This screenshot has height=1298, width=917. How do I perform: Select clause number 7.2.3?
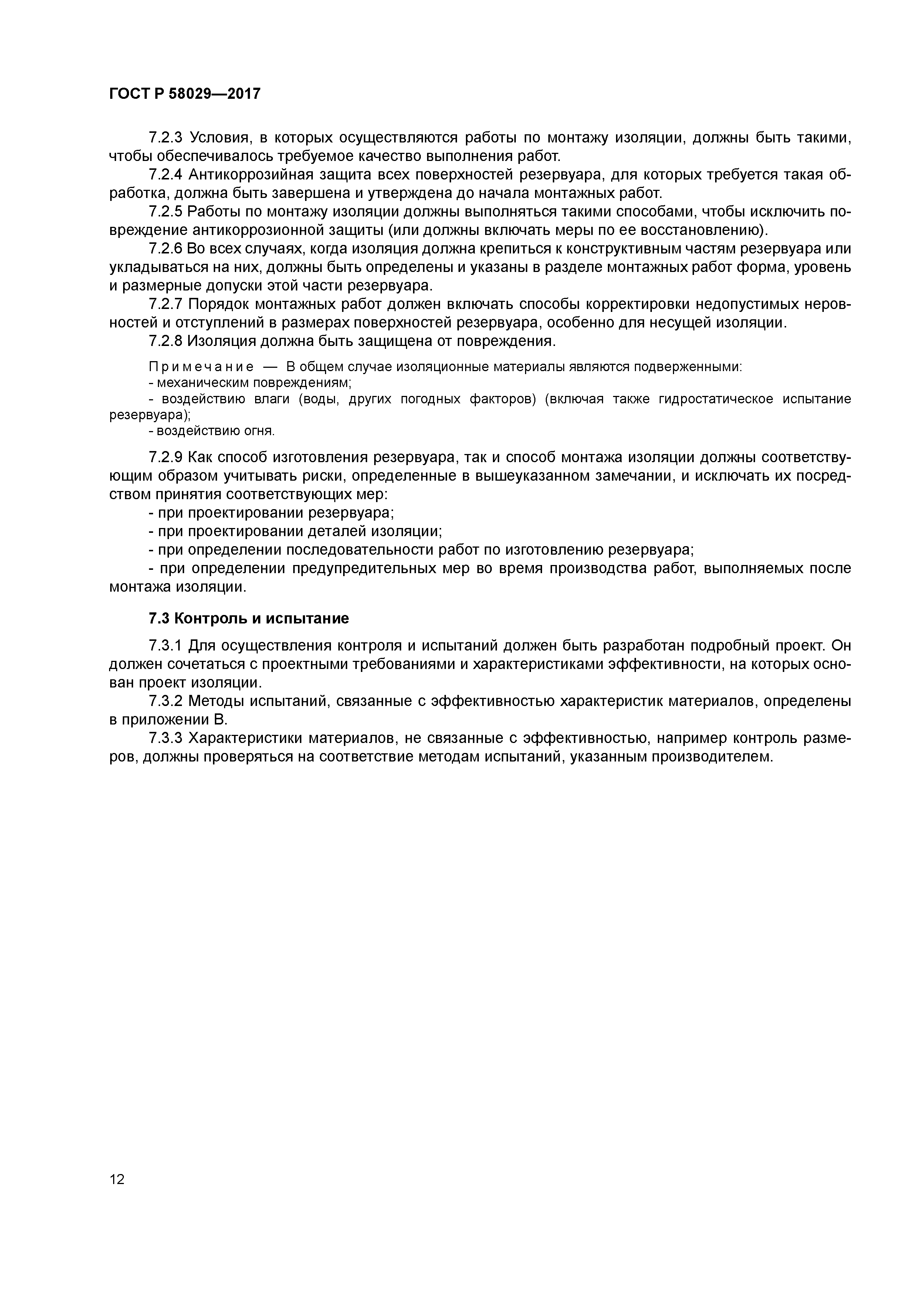point(166,138)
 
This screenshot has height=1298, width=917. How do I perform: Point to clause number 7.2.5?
point(166,212)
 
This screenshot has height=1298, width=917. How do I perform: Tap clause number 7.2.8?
point(166,341)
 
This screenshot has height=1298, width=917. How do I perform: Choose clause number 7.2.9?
point(166,457)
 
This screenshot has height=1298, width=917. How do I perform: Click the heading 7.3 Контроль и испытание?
point(248,618)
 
